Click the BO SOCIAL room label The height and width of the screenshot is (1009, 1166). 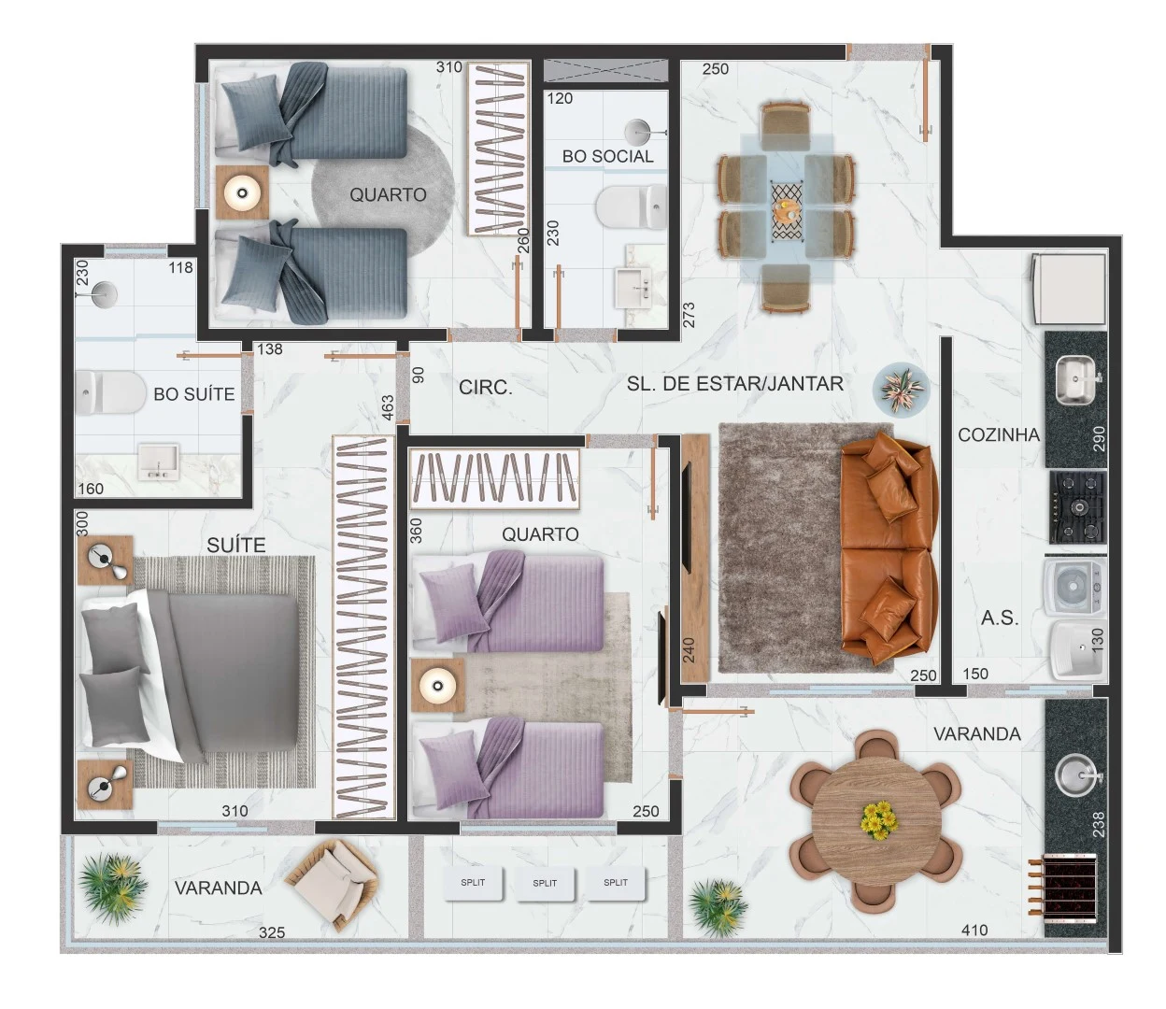point(607,156)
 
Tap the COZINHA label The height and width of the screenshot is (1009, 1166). point(999,434)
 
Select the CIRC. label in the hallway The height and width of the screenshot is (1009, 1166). point(485,388)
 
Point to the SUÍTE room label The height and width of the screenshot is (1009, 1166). point(235,545)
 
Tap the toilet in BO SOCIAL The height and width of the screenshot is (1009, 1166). point(632,206)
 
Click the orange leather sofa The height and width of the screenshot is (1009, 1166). point(889,547)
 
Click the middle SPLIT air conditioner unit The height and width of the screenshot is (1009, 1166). point(545,883)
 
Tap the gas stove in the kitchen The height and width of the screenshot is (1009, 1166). point(1076,507)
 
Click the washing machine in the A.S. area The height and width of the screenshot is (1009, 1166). point(1074,587)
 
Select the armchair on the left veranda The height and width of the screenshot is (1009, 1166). point(331,884)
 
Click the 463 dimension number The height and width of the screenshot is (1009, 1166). point(388,407)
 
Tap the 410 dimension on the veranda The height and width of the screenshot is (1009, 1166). point(974,930)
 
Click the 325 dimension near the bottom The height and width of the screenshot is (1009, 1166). point(271,933)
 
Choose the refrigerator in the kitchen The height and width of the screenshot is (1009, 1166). point(1068,289)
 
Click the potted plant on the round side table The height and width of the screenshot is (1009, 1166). point(901,391)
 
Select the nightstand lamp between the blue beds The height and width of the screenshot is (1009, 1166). point(243,193)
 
